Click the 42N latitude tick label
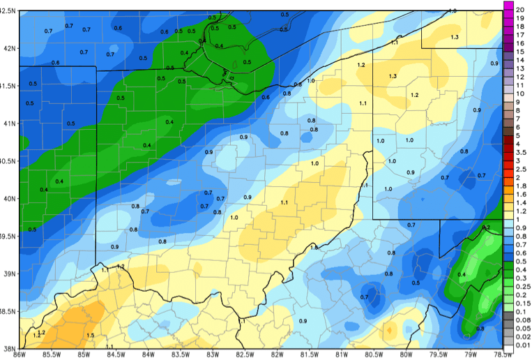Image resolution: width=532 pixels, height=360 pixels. click(8, 48)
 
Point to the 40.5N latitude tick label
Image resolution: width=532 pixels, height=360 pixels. click(8, 160)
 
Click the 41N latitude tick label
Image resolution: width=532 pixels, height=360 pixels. click(8, 123)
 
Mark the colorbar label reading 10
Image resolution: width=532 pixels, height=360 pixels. click(519, 93)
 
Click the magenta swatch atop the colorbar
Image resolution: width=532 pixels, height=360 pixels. click(508, 6)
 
